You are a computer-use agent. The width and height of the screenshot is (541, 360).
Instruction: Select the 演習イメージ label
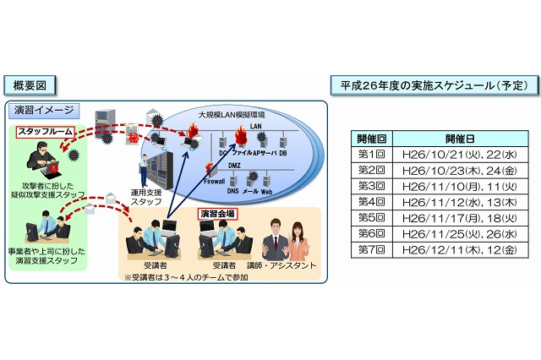click(x=46, y=110)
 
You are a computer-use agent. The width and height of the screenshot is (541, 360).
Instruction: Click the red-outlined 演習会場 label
click(x=216, y=214)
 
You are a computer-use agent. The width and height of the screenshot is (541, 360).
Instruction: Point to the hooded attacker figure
click(x=42, y=160)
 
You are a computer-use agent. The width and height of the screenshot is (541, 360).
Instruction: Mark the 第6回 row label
click(x=371, y=233)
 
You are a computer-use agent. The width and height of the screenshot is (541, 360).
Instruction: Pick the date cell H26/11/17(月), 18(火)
click(x=460, y=217)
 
